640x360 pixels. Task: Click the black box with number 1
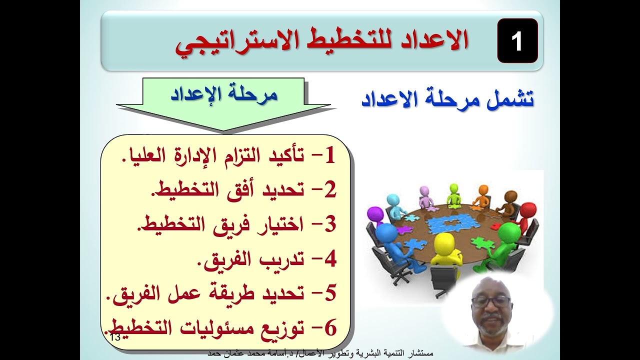coord(517,41)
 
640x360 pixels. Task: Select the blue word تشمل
coord(510,99)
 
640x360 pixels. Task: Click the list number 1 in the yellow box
coord(329,156)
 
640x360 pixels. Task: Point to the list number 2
coord(329,190)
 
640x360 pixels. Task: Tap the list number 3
coord(329,225)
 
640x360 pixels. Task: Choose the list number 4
coord(329,259)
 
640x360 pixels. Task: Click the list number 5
coord(329,293)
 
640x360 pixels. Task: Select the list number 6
coord(329,328)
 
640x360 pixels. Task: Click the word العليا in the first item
coord(141,156)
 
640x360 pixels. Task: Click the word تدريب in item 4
coord(280,259)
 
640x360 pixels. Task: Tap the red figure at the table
coord(524,215)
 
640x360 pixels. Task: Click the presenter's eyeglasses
coord(490,301)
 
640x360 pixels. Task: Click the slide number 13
coord(114,337)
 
